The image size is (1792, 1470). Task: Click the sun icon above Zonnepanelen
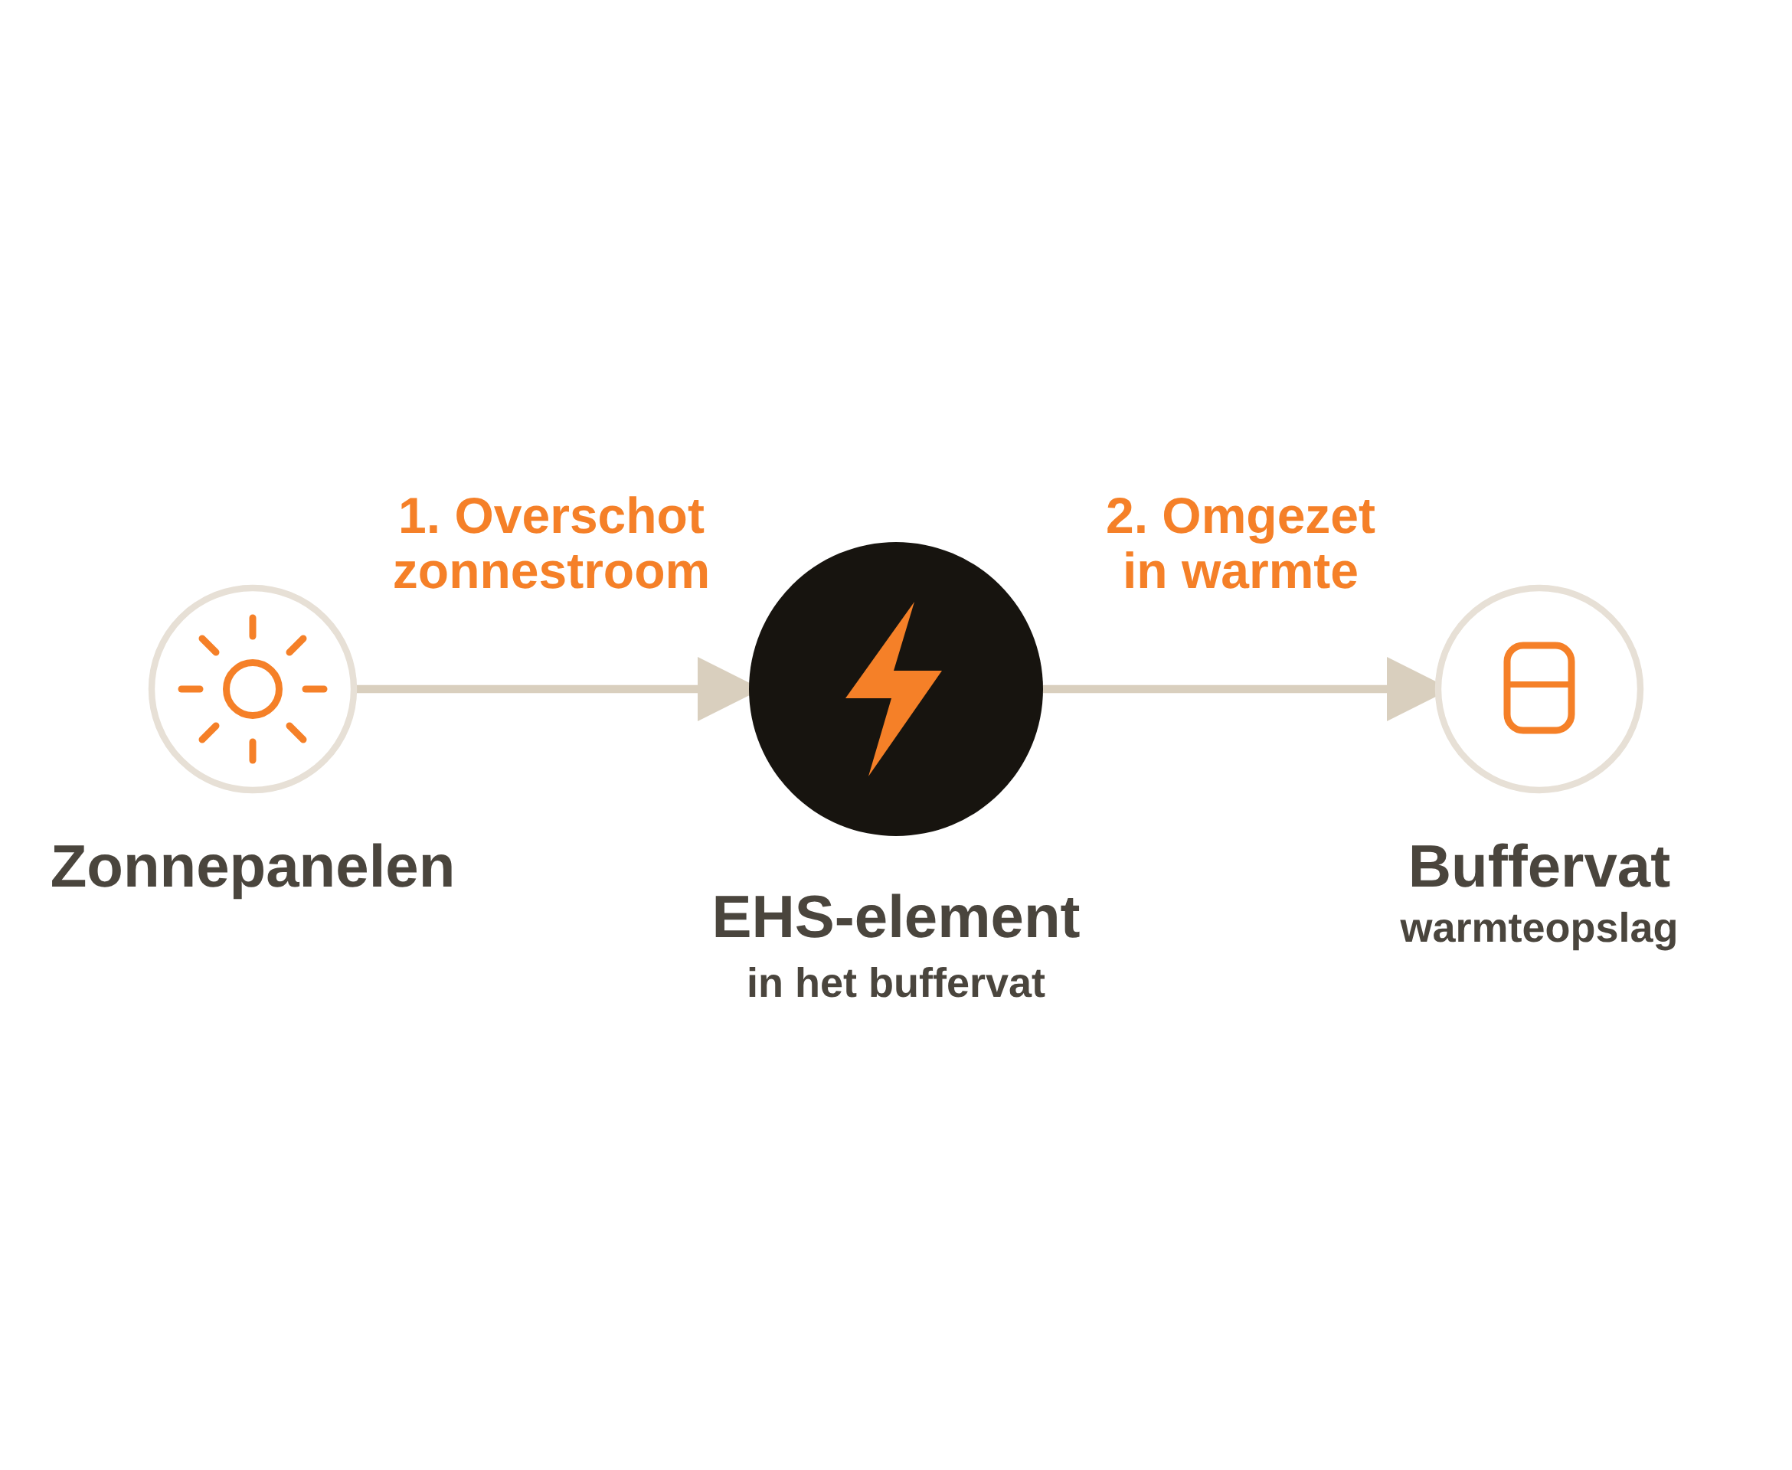(253, 689)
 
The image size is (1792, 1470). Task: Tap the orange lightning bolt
(894, 689)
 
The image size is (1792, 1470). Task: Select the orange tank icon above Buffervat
(1539, 688)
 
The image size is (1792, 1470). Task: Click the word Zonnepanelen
(253, 867)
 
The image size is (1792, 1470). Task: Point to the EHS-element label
(896, 917)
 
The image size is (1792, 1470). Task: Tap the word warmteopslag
(1539, 929)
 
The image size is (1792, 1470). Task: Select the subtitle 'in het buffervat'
(896, 983)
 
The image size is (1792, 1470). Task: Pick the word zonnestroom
(551, 572)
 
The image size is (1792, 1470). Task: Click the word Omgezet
(1269, 518)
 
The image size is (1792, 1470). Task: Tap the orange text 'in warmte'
(1241, 572)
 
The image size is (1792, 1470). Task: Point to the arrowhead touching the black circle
(723, 689)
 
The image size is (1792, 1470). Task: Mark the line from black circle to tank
(1215, 689)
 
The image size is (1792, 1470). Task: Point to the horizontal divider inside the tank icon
(1539, 684)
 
